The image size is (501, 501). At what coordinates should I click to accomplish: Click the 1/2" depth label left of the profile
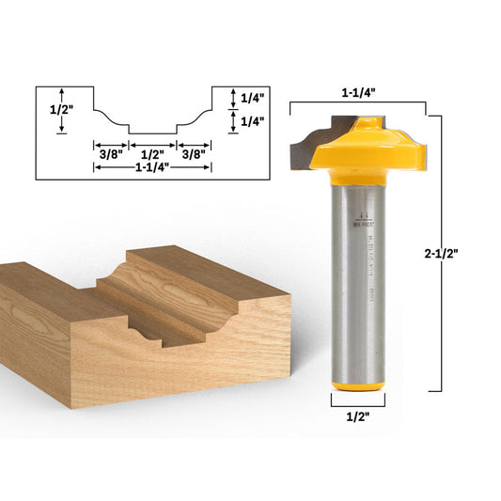point(61,109)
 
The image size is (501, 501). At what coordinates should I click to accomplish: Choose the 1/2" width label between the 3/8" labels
point(151,149)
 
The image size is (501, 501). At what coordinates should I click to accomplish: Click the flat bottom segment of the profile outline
point(151,132)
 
